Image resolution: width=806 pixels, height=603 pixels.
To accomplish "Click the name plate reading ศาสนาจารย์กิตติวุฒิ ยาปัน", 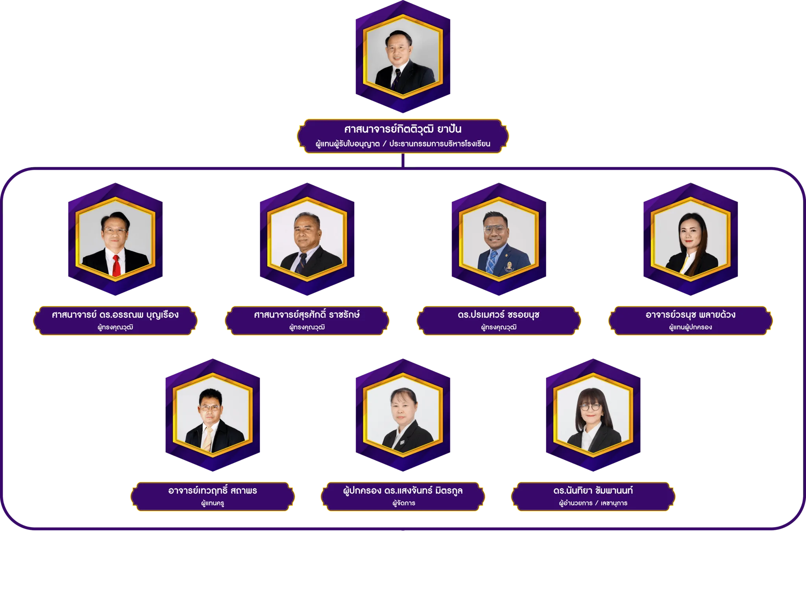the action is (x=403, y=136).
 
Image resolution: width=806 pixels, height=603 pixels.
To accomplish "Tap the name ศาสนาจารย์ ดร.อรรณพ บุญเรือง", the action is (x=115, y=315).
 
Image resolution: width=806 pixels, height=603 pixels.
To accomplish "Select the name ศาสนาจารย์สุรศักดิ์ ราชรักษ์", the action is (x=307, y=315).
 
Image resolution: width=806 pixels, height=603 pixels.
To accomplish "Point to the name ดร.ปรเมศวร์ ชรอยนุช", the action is (x=498, y=315).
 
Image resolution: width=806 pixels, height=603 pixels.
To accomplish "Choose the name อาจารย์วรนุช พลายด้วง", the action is (x=690, y=315).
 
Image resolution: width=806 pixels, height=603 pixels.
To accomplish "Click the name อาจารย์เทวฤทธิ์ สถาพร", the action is (x=213, y=491).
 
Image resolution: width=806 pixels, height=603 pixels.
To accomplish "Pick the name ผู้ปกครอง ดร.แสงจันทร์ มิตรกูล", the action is (x=403, y=491).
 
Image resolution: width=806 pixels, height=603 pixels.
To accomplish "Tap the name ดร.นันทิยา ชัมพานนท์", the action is (x=593, y=491).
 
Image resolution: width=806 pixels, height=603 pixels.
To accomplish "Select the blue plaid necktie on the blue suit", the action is (x=492, y=261).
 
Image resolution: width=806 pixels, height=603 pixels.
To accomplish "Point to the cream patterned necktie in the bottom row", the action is (x=207, y=439).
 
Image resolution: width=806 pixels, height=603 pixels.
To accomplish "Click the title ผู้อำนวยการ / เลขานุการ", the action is (x=593, y=503).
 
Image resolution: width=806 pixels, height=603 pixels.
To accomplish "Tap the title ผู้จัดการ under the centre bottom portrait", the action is (x=404, y=503).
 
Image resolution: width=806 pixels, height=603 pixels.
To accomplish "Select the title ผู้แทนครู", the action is (x=213, y=503).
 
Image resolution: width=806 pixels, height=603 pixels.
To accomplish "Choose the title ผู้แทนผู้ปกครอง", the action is (x=690, y=327).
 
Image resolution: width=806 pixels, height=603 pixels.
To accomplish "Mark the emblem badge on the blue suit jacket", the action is (x=509, y=266).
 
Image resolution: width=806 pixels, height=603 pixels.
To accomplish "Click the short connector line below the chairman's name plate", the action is (x=403, y=160).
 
